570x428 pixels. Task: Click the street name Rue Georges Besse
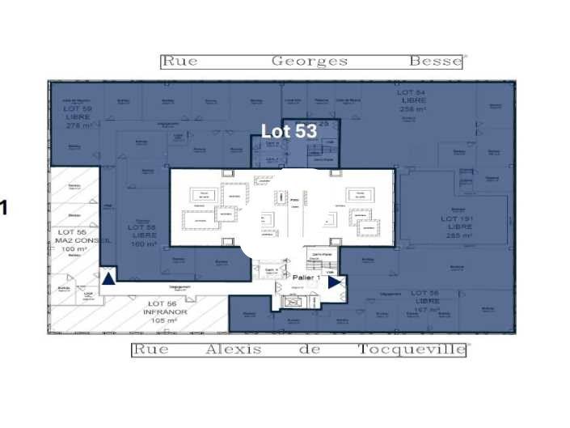click(x=312, y=61)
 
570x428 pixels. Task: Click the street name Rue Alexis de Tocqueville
click(x=299, y=350)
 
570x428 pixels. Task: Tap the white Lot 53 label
click(x=288, y=131)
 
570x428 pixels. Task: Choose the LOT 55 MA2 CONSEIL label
click(x=77, y=240)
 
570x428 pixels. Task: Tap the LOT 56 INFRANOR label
click(x=165, y=311)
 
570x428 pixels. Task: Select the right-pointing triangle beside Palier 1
click(x=334, y=282)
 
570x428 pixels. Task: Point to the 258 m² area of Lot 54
click(x=412, y=108)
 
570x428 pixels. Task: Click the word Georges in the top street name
click(x=310, y=61)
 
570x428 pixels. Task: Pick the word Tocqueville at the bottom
click(x=412, y=350)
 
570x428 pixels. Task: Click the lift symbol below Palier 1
click(x=293, y=302)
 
